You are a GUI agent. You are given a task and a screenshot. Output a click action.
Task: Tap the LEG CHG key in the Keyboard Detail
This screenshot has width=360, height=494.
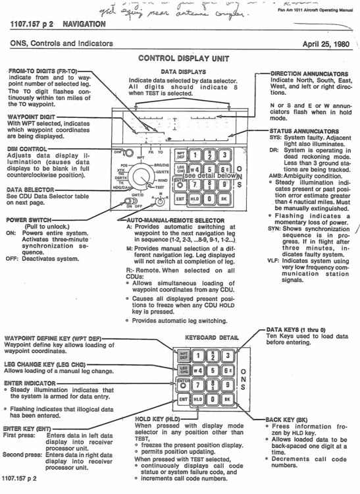(183, 371)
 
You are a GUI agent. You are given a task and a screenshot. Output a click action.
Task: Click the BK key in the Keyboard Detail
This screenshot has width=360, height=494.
(226, 399)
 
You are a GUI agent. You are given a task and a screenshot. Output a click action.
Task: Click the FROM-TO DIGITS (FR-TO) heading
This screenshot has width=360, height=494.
(36, 70)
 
